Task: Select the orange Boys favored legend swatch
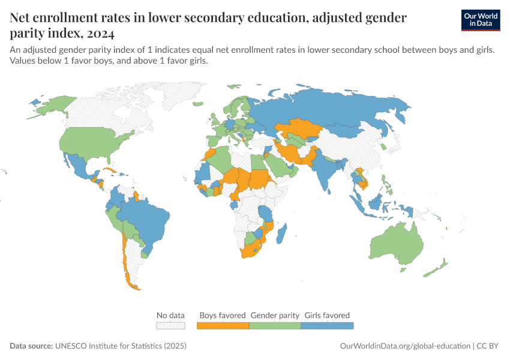[x=223, y=325]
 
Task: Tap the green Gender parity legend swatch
[x=275, y=325]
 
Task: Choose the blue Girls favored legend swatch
[x=327, y=325]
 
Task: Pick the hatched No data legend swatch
[x=170, y=325]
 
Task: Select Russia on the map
[x=336, y=111]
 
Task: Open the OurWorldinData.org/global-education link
[x=405, y=346]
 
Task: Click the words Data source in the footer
[x=31, y=346]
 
